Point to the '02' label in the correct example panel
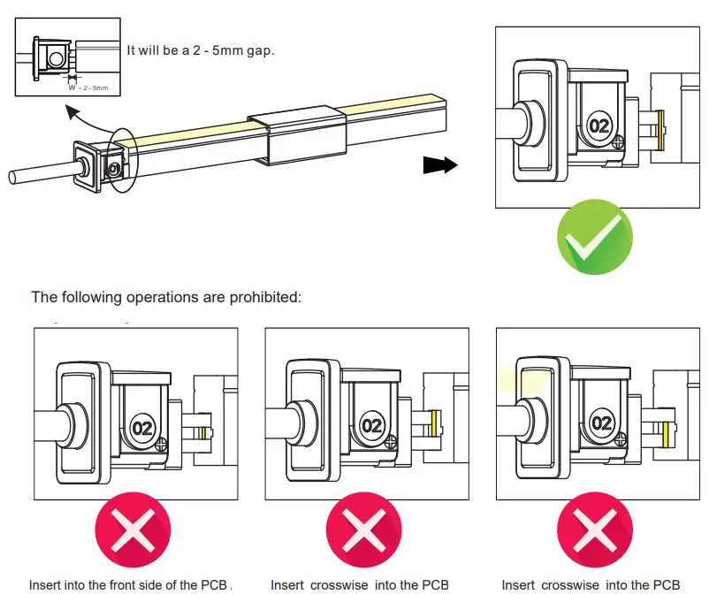click(x=599, y=126)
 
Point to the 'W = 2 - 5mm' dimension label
click(x=88, y=88)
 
